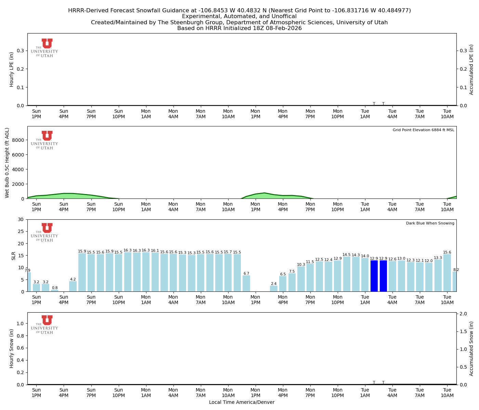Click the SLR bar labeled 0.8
55,290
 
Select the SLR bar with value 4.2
73,286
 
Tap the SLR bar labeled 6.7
246,283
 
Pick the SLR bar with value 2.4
274,289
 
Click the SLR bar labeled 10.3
301,279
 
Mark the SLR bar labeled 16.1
155,272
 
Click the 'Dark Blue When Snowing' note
430,223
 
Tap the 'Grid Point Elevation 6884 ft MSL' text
423,130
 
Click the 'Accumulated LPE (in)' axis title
471,69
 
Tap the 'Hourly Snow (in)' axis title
12,348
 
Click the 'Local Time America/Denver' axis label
242,402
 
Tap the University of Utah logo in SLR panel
45,232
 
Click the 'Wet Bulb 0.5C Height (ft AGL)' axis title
7,163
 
